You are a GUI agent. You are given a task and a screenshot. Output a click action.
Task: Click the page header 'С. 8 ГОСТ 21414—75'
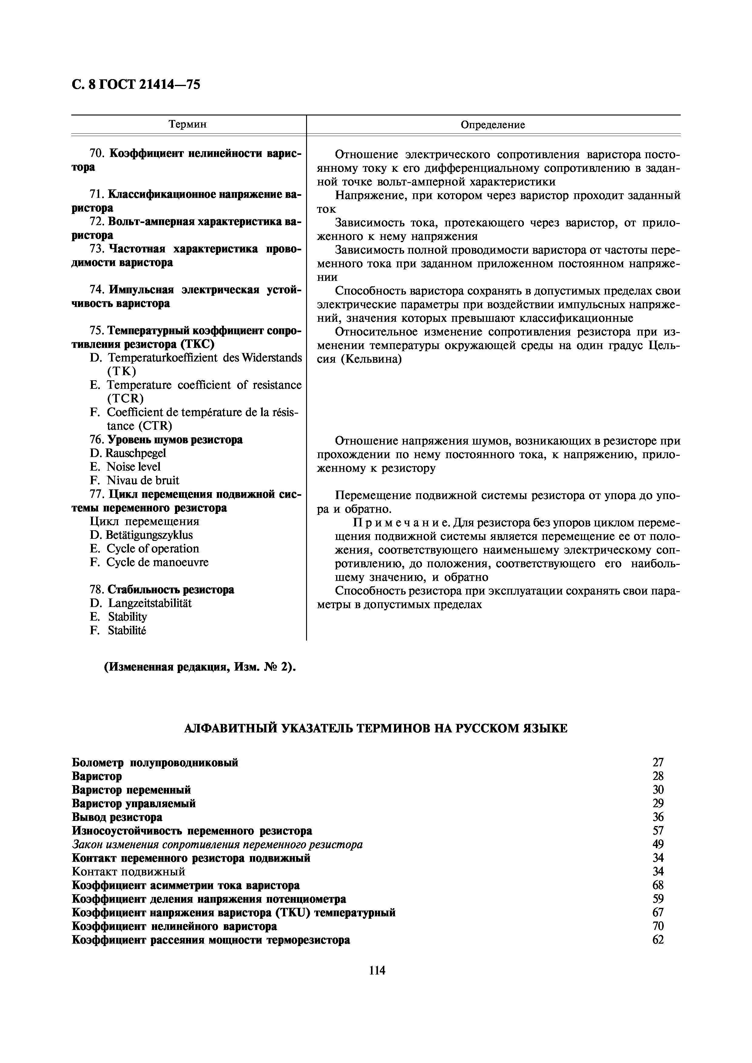click(136, 85)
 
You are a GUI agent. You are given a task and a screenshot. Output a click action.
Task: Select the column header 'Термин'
click(188, 125)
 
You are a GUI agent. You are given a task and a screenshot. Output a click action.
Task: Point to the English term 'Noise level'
click(133, 467)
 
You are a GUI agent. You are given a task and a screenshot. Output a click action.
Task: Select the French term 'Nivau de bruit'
click(142, 481)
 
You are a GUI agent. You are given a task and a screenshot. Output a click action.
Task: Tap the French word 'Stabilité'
click(127, 631)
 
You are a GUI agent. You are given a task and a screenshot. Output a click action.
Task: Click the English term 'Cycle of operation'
click(153, 549)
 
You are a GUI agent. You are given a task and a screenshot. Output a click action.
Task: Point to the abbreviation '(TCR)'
click(125, 399)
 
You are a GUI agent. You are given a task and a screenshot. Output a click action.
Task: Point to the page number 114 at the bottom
click(377, 970)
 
